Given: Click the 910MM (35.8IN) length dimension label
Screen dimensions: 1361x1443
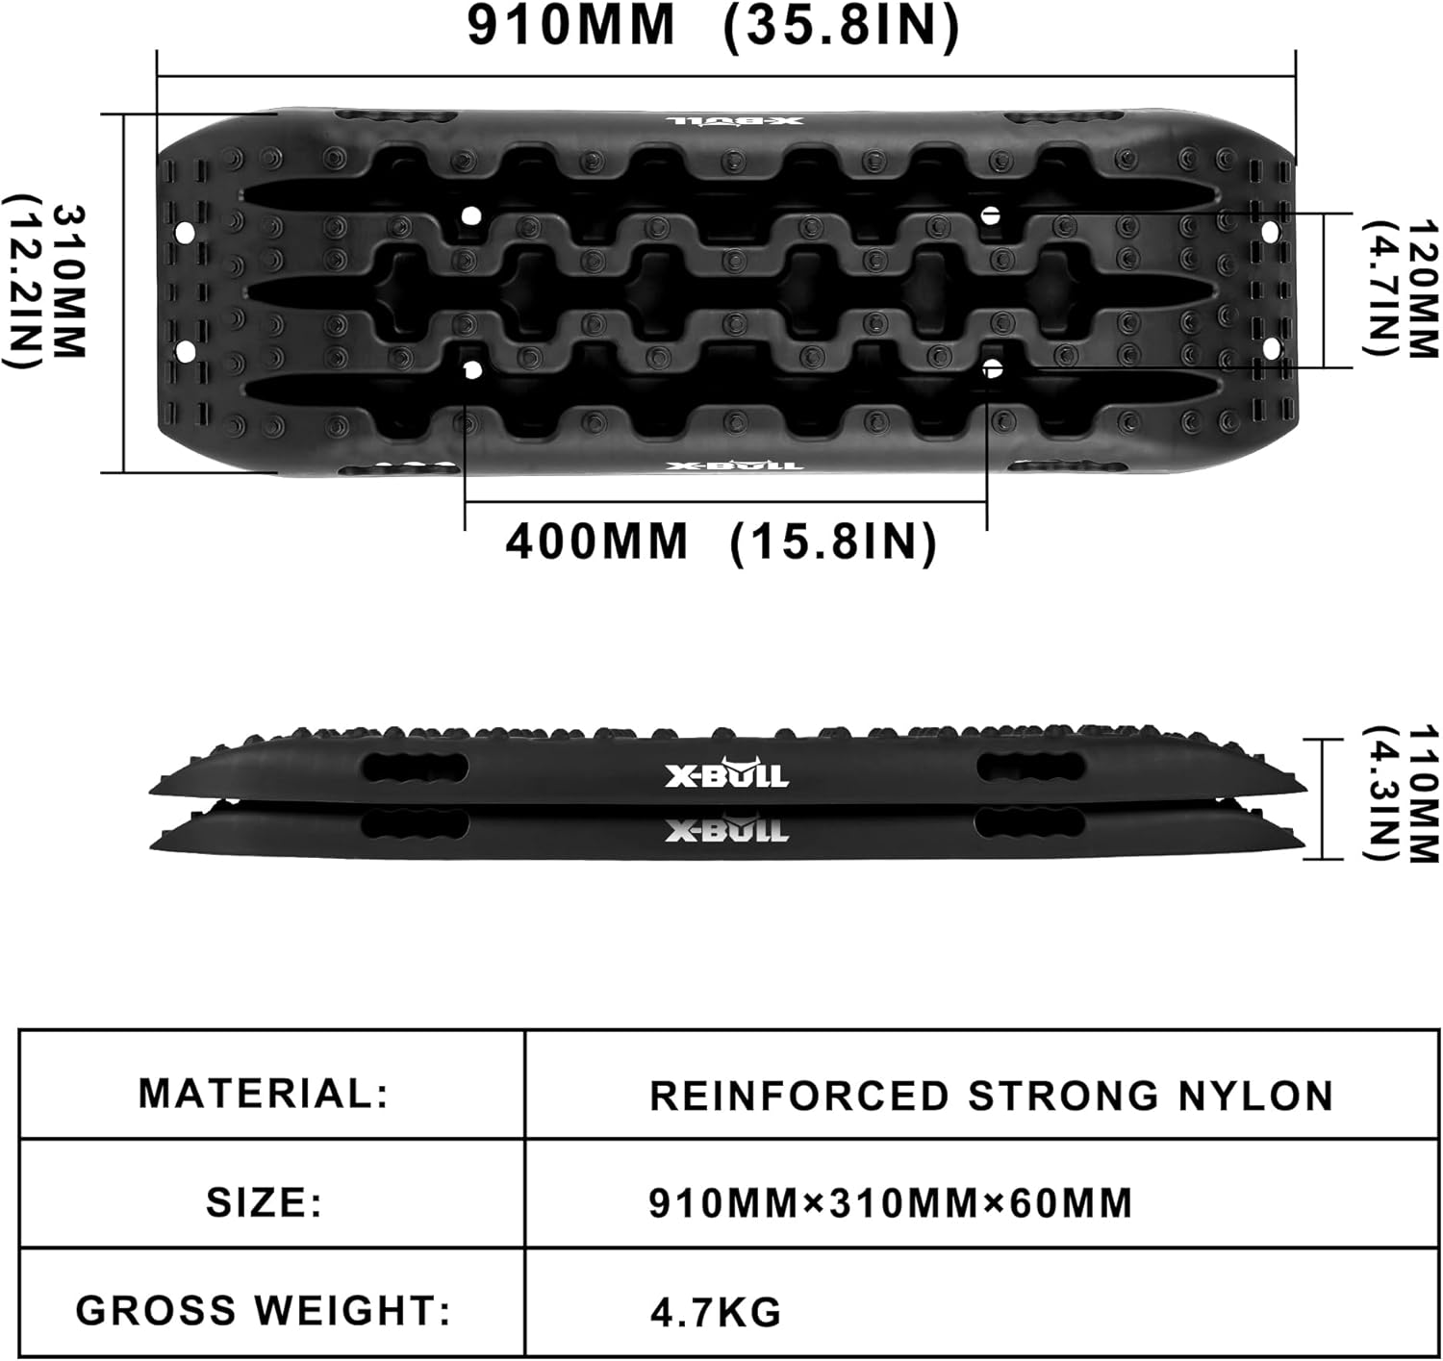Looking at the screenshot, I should coord(713,26).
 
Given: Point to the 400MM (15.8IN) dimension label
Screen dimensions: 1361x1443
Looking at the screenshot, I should coord(721,542).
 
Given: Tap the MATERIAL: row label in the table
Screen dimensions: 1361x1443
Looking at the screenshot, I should coord(264,1094).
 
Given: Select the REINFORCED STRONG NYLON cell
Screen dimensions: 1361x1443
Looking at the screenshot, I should coord(991,1096).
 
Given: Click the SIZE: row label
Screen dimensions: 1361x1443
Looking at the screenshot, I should coord(264,1202).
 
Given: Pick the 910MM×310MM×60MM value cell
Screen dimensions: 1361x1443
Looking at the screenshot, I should coord(891,1203).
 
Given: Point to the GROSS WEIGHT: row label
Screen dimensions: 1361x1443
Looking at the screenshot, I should coord(264,1310).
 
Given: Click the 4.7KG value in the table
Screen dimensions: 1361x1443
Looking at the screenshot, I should coord(716,1312).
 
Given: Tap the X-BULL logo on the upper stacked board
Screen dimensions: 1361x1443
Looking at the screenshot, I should coord(727,774).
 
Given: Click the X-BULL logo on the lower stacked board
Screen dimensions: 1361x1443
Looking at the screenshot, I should coord(727,829).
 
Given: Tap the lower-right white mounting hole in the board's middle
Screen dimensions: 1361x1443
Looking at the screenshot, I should coord(993,367).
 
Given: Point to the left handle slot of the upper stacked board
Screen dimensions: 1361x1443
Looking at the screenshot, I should coord(415,769).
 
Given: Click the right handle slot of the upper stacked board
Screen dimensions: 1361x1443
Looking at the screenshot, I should coord(1030,768).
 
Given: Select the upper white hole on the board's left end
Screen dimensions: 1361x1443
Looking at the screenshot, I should coord(185,233).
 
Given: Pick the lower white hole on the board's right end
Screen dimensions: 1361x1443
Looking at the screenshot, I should coord(1270,346).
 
